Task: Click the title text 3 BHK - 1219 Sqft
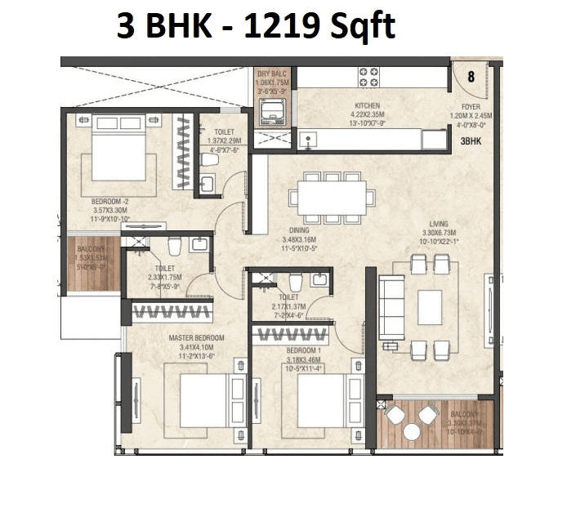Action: click(255, 26)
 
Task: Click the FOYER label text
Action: click(471, 105)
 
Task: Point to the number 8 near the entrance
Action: click(471, 78)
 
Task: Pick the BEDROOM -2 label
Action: click(110, 201)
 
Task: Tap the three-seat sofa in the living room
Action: click(392, 308)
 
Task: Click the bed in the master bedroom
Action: click(200, 399)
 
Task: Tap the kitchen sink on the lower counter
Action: click(309, 138)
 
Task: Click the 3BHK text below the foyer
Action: click(471, 140)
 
